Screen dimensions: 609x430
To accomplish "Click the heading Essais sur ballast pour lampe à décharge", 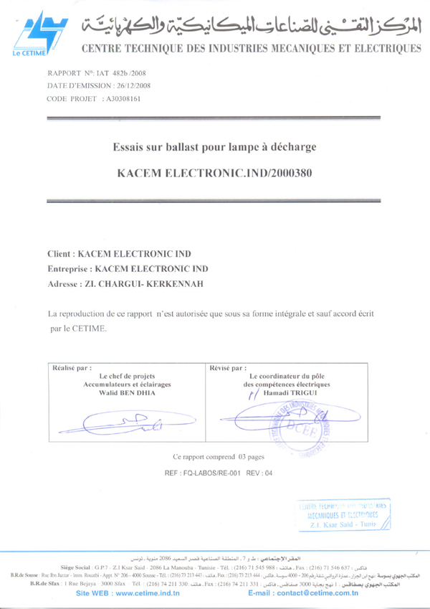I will tap(214, 148).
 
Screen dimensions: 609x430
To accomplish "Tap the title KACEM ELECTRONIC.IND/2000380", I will tap(214, 173).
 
